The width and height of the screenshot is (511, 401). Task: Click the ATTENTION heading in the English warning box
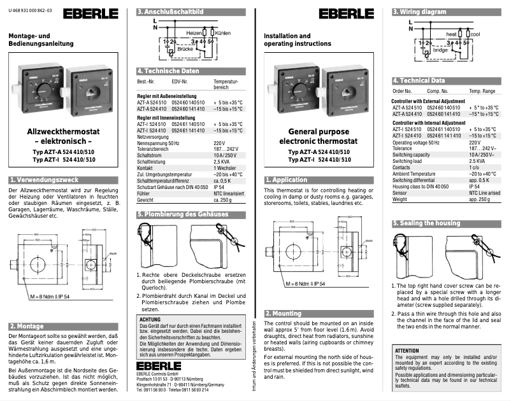pos(407,351)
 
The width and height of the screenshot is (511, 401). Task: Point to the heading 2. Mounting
pos(287,313)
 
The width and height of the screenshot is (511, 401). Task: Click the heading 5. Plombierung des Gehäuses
pos(182,215)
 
